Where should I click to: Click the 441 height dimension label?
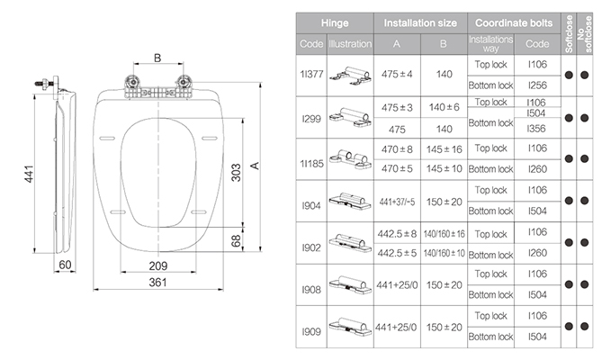tap(29, 174)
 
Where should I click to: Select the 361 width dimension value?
tap(157, 283)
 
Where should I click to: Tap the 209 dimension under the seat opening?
tap(158, 265)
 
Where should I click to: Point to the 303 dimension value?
tap(236, 172)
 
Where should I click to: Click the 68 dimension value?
tap(236, 241)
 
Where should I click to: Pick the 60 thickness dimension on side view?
tap(65, 265)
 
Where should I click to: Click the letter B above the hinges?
tap(157, 58)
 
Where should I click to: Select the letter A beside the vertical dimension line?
tap(255, 166)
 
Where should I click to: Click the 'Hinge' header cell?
tap(335, 23)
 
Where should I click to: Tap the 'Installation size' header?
tap(420, 23)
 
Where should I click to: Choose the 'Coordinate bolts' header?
tap(514, 23)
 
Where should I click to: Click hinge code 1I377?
tap(311, 74)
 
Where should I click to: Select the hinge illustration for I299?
tap(350, 117)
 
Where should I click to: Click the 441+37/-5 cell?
tap(397, 202)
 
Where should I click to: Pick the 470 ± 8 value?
tap(397, 149)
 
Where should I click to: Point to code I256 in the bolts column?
tap(537, 85)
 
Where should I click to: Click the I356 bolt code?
tap(537, 129)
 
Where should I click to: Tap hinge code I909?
tap(311, 331)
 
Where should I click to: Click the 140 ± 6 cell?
tap(444, 107)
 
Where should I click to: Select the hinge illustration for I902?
tap(350, 243)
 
